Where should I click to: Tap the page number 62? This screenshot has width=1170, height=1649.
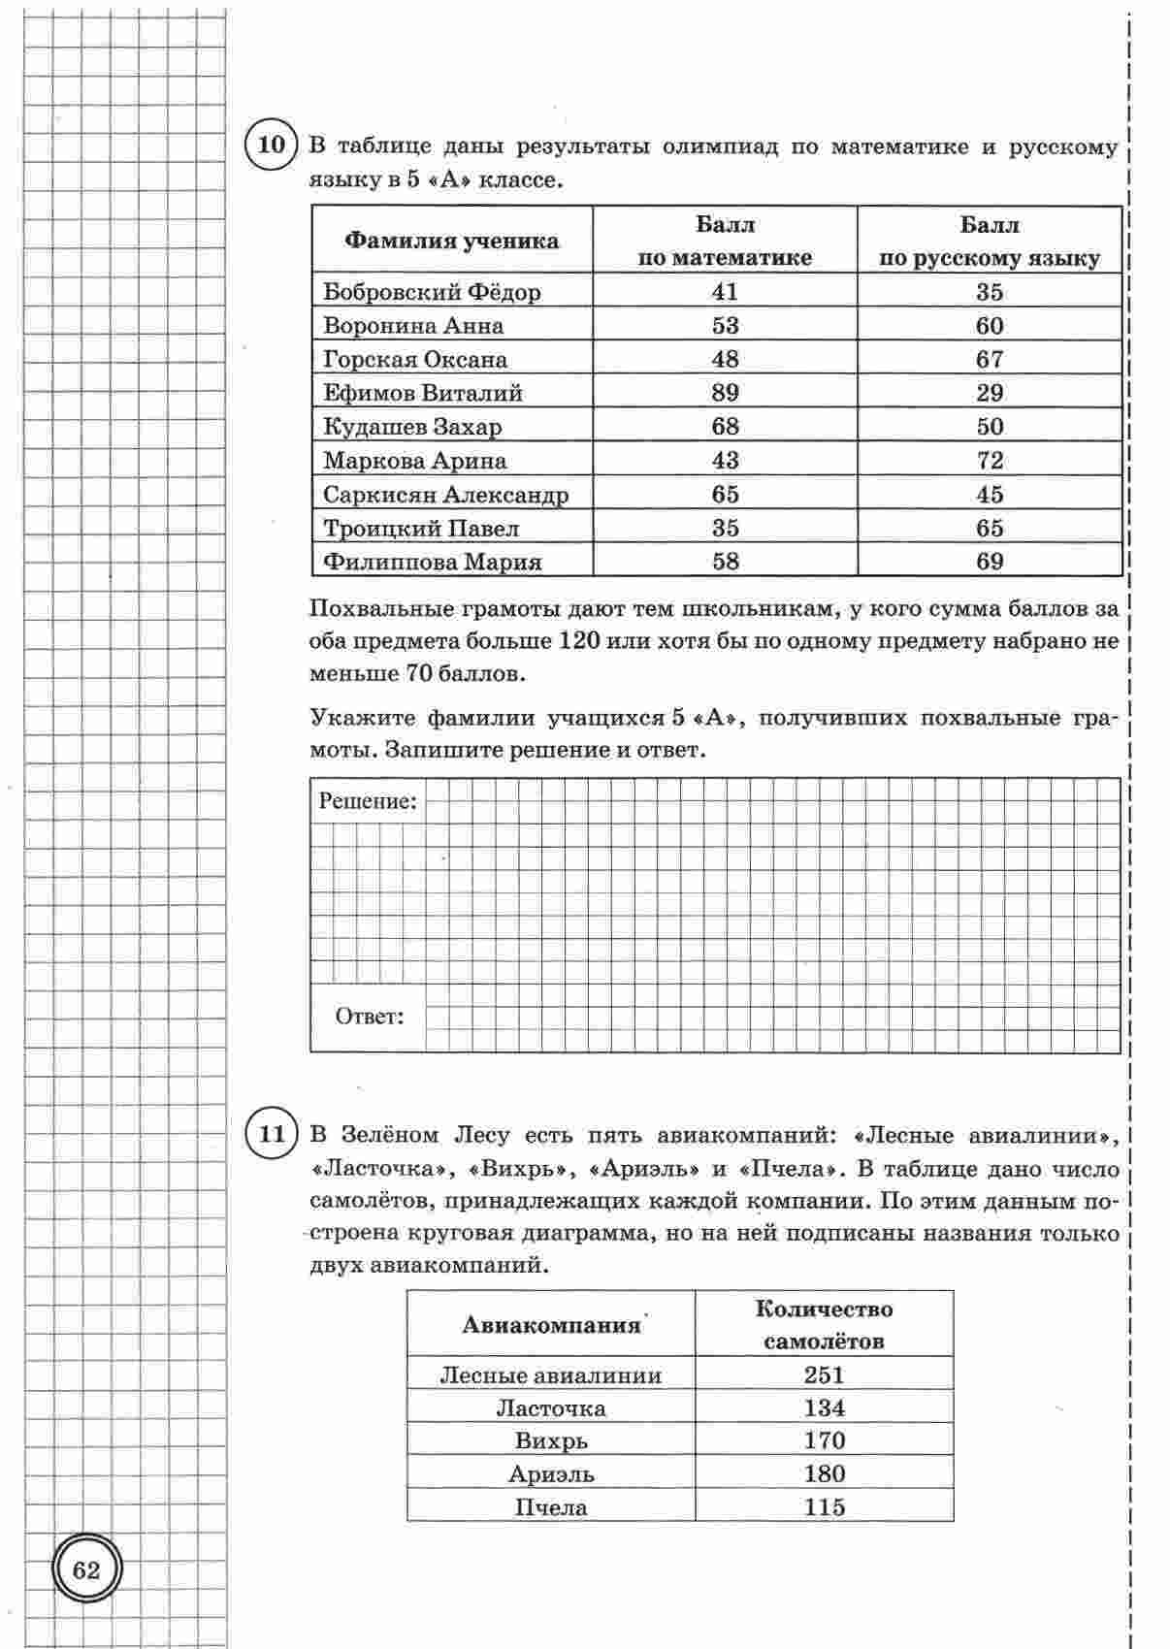86,1569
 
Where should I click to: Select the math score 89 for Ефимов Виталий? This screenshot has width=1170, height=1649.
725,393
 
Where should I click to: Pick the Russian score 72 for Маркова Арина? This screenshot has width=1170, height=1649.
990,461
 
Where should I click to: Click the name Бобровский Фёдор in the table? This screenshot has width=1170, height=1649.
432,292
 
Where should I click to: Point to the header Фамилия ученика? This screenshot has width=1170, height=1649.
452,241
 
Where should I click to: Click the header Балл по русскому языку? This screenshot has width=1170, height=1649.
990,242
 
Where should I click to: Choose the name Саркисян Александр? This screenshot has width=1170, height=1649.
445,495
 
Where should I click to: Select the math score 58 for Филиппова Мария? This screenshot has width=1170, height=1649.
725,562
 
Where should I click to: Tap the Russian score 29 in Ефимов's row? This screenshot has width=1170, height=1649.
990,393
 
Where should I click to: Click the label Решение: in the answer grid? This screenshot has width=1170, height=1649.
368,801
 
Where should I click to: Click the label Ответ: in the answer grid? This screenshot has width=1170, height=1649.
369,1017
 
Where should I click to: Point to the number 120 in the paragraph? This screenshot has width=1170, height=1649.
581,641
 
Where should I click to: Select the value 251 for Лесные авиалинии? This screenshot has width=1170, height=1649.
824,1374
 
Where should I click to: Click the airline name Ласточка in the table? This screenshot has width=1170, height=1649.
550,1408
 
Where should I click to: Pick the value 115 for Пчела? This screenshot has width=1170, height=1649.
824,1507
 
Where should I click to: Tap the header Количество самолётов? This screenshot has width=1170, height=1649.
824,1325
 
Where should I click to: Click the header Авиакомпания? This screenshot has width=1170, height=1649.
551,1325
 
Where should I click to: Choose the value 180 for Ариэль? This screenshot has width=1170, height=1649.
824,1474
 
